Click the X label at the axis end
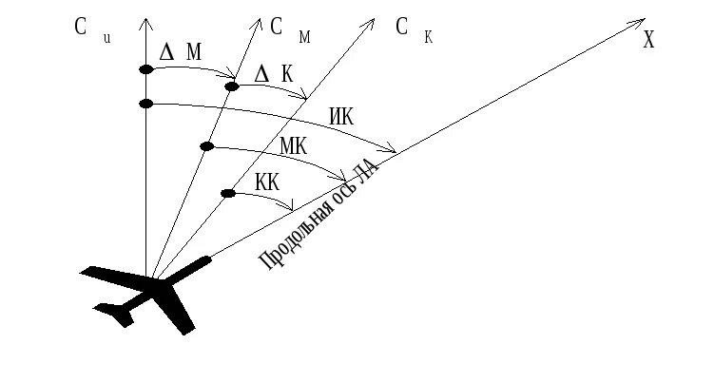click(648, 40)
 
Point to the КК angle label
click(267, 182)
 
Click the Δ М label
click(180, 52)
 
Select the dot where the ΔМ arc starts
click(145, 69)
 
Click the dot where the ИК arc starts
click(145, 103)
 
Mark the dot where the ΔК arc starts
click(231, 86)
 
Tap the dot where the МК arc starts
click(207, 145)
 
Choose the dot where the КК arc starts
click(227, 194)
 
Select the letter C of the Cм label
click(276, 28)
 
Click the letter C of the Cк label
click(402, 26)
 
